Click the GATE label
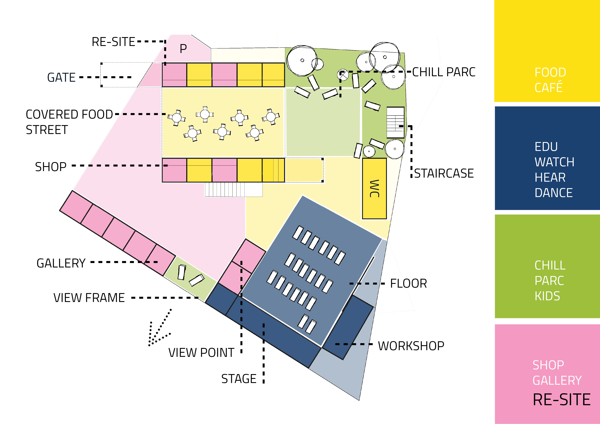point(61,78)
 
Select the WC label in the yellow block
point(374,189)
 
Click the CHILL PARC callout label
point(444,72)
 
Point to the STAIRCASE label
point(444,173)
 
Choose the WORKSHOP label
point(411,346)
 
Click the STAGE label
point(239,379)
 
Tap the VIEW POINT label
point(201,353)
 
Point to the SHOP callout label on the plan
point(51,167)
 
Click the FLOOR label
point(408,284)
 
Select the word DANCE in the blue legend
point(553,193)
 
